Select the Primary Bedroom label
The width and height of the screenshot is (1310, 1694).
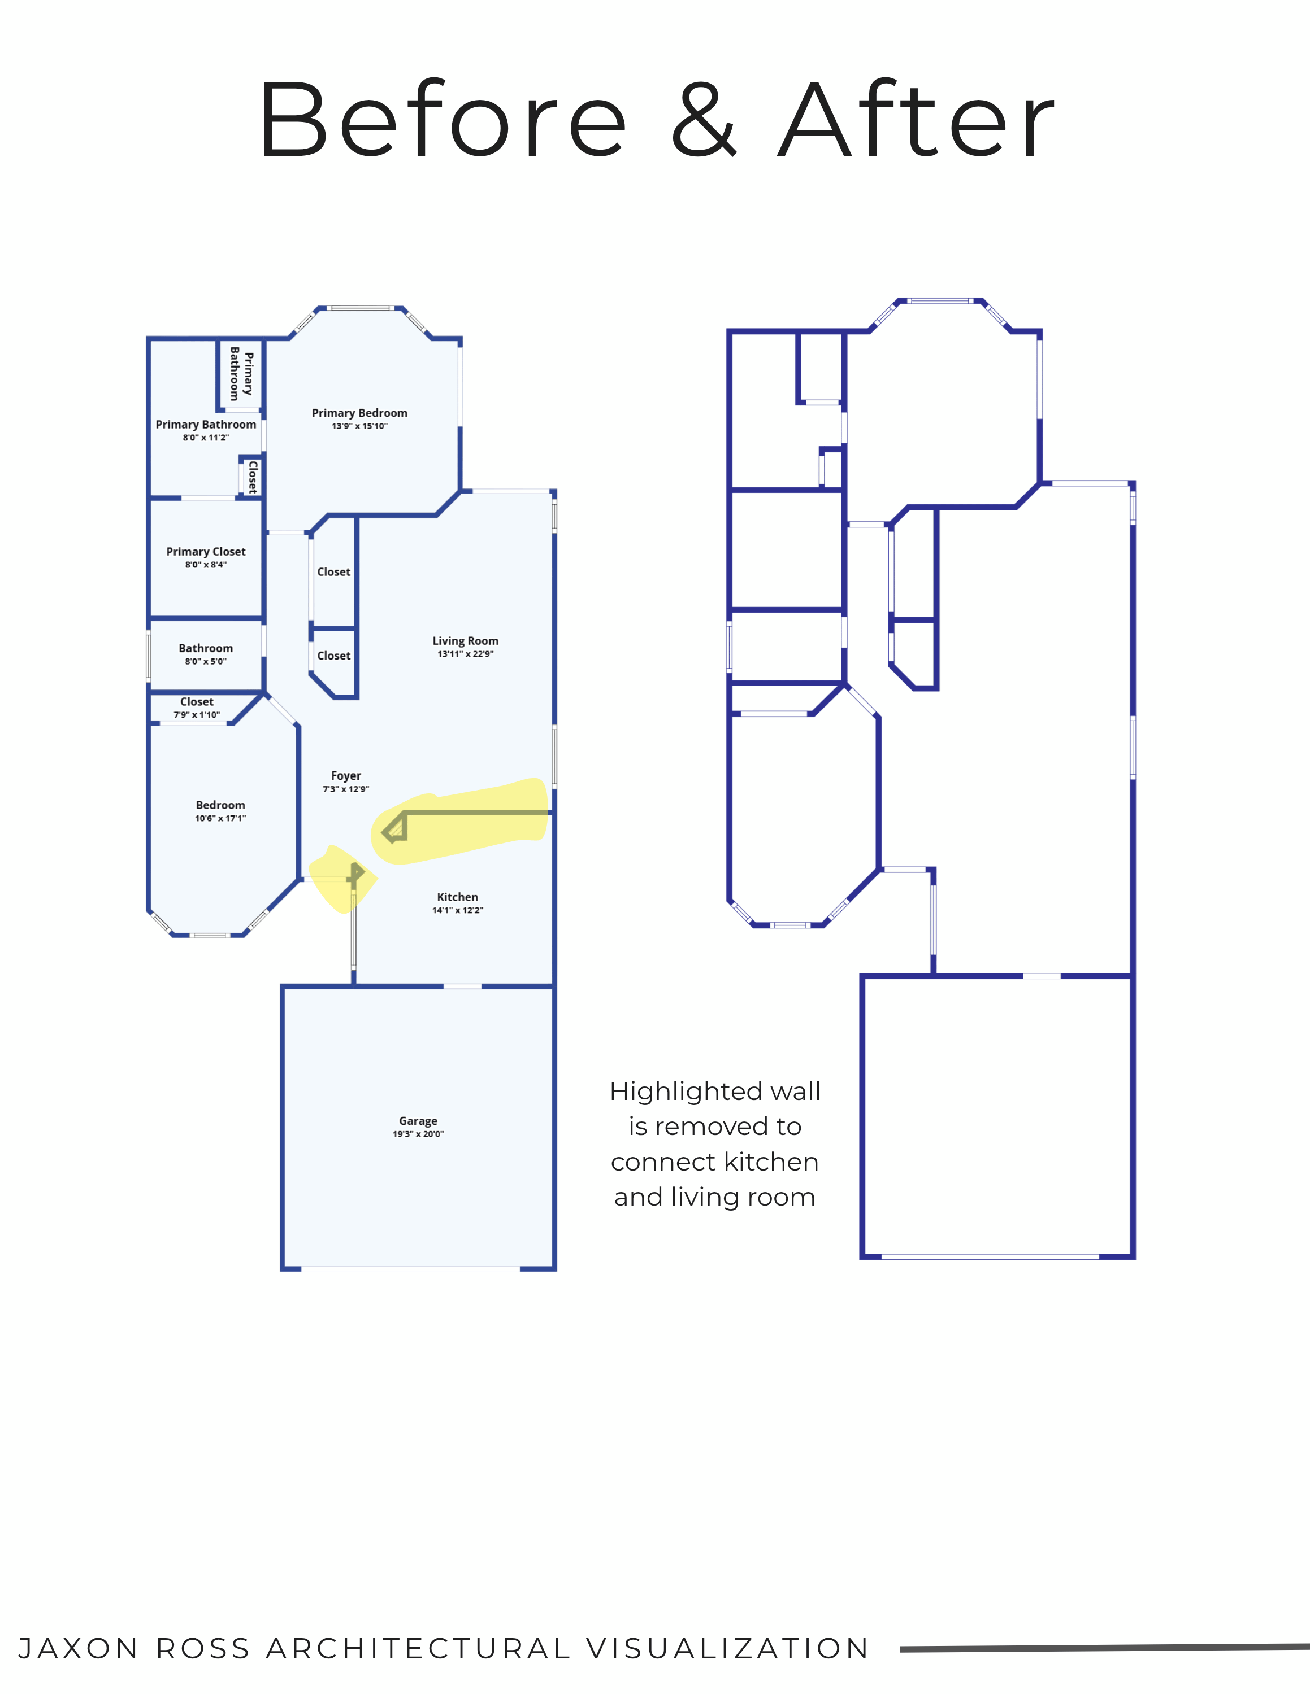point(359,413)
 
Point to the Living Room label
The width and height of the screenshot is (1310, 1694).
point(466,641)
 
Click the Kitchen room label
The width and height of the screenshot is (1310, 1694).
point(458,897)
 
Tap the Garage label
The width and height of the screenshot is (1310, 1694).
point(418,1121)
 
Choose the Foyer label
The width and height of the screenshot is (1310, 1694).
point(346,776)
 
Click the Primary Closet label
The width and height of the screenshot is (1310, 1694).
point(206,552)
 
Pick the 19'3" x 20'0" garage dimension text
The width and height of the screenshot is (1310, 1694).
point(418,1134)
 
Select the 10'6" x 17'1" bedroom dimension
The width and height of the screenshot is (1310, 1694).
point(220,818)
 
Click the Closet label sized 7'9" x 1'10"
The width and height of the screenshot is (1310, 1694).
point(197,702)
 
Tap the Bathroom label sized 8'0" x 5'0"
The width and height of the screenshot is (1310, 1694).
point(206,648)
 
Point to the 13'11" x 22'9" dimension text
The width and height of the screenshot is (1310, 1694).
point(466,654)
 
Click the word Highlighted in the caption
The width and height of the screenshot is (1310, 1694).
point(674,1092)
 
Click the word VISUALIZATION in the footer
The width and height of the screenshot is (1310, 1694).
point(728,1648)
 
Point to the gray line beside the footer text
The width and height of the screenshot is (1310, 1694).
point(1105,1648)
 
